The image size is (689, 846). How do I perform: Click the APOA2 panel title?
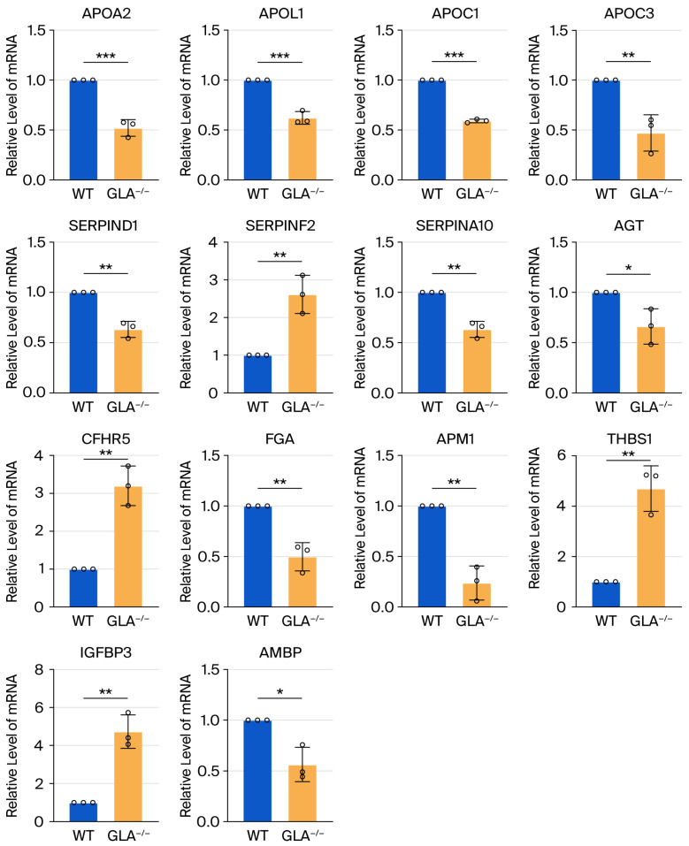click(x=106, y=13)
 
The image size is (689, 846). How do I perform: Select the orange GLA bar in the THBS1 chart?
click(x=651, y=548)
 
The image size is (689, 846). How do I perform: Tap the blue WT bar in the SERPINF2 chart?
click(x=257, y=374)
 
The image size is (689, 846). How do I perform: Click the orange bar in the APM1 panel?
click(x=477, y=595)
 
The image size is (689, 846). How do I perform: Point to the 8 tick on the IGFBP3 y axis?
click(x=39, y=670)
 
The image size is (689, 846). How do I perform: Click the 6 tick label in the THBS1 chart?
click(x=562, y=456)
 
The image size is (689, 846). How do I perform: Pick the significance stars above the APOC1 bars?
click(x=454, y=56)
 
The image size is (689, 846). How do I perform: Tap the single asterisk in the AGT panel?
click(x=629, y=268)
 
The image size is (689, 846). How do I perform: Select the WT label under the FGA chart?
click(x=257, y=621)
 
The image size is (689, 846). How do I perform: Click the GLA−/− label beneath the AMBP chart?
click(x=302, y=835)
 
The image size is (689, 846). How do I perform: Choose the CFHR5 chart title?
click(x=106, y=439)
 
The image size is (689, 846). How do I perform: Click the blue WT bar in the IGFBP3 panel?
click(x=84, y=812)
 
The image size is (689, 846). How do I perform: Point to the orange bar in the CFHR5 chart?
click(x=128, y=546)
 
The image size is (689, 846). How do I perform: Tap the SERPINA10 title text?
click(x=455, y=225)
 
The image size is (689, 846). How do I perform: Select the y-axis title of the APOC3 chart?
click(x=534, y=105)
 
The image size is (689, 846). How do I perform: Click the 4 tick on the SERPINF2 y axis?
click(x=213, y=242)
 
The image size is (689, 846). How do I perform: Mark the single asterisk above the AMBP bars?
click(x=280, y=692)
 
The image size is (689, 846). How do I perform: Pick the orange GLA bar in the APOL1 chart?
click(x=302, y=149)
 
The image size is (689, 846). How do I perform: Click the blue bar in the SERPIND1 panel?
click(x=84, y=343)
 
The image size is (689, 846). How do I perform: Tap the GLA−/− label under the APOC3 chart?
click(x=651, y=193)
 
